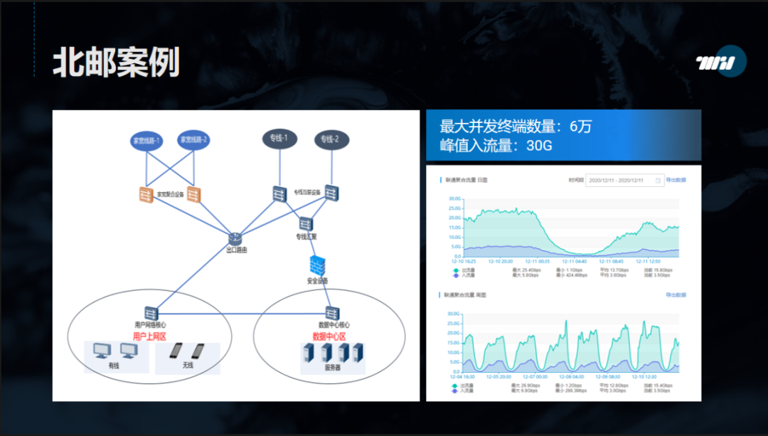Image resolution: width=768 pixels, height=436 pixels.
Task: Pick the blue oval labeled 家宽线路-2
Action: tap(193, 139)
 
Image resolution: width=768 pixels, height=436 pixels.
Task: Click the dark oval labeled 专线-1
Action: tap(279, 138)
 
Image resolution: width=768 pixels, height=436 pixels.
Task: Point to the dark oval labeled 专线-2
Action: tap(331, 139)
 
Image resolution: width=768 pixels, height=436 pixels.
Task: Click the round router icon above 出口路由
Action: tap(236, 239)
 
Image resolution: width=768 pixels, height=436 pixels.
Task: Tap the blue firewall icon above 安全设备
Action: tap(317, 265)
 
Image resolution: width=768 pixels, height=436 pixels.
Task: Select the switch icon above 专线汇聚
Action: tap(306, 224)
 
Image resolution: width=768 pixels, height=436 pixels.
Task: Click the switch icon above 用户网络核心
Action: tap(150, 312)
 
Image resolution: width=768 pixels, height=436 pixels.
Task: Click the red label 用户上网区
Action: tap(149, 336)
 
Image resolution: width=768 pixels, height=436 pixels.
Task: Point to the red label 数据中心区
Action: tap(329, 336)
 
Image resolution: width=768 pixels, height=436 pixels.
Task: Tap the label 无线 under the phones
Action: tap(188, 366)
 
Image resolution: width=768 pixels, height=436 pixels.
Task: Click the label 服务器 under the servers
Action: tap(332, 368)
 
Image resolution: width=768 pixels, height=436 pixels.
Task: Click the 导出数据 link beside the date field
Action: tap(676, 181)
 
